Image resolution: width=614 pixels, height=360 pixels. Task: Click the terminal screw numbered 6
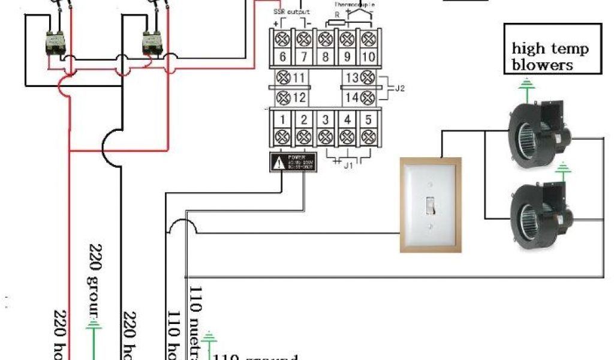282,40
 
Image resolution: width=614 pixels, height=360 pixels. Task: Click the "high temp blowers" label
550,56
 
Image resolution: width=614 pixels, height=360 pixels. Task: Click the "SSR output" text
291,12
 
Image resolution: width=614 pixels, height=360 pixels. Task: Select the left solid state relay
58,42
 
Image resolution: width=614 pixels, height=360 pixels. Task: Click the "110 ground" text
255,358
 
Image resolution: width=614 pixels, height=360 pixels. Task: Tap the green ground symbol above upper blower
526,89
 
